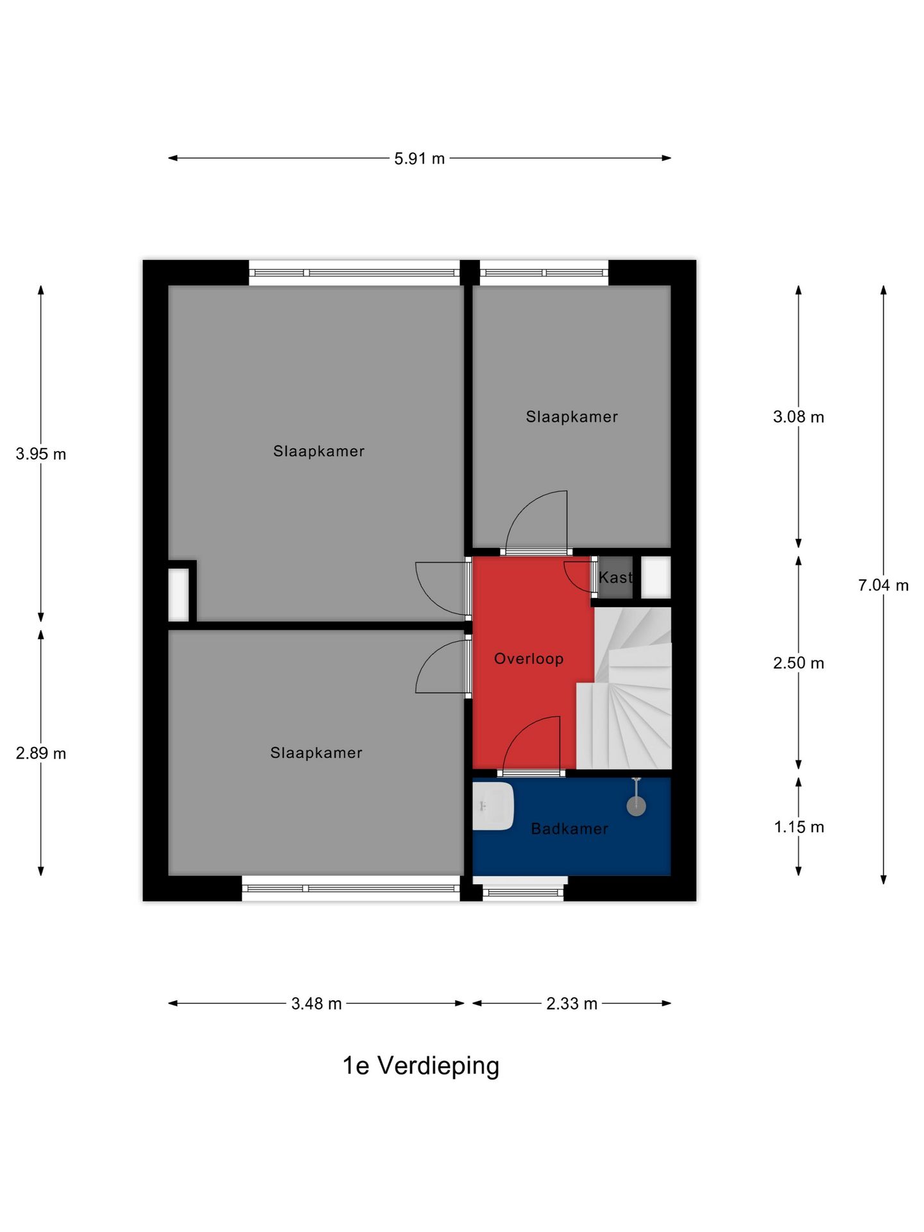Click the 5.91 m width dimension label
(419, 158)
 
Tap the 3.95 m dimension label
(41, 454)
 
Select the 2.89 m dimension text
(41, 753)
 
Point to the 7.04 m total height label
(883, 585)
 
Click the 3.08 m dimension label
(798, 417)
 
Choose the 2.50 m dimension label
(798, 663)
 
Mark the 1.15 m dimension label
(799, 827)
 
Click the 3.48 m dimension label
(316, 1004)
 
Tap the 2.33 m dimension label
(572, 1004)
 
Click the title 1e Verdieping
(421, 1066)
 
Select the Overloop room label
(529, 659)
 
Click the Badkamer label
(570, 829)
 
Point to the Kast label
(615, 577)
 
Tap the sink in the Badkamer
(493, 806)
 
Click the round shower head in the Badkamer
(636, 807)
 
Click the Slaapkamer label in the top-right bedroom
(572, 417)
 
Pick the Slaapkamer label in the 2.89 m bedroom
(316, 753)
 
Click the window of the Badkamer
(523, 892)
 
